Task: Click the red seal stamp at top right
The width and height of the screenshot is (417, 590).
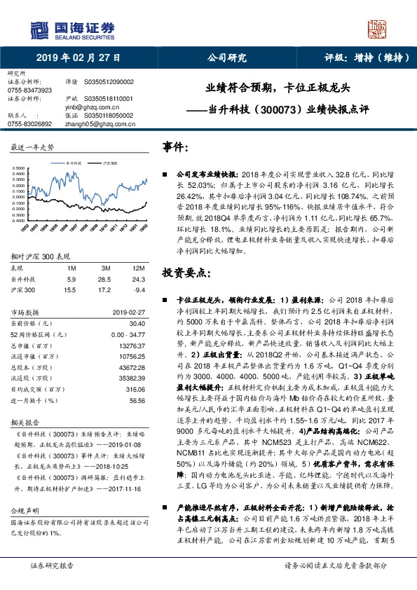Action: [378, 30]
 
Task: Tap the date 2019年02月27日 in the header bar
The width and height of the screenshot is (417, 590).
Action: [78, 59]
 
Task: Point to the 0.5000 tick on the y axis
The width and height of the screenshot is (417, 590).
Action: [20, 169]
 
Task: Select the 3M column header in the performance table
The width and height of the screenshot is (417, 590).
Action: [107, 268]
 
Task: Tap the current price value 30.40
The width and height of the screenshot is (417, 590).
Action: [137, 323]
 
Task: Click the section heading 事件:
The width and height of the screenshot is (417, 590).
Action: [176, 147]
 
